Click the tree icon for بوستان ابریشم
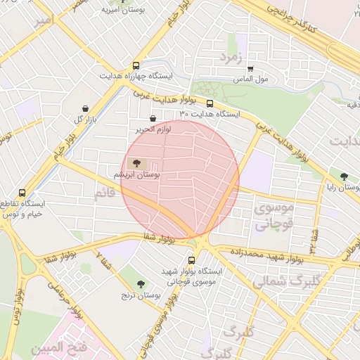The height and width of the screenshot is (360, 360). click(137, 163)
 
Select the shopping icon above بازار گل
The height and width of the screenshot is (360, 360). click(86, 109)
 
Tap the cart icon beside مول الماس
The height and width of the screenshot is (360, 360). click(250, 69)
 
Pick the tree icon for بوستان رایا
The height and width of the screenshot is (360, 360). click(344, 177)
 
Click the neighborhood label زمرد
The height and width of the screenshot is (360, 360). click(231, 56)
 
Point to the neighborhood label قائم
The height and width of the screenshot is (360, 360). click(105, 191)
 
